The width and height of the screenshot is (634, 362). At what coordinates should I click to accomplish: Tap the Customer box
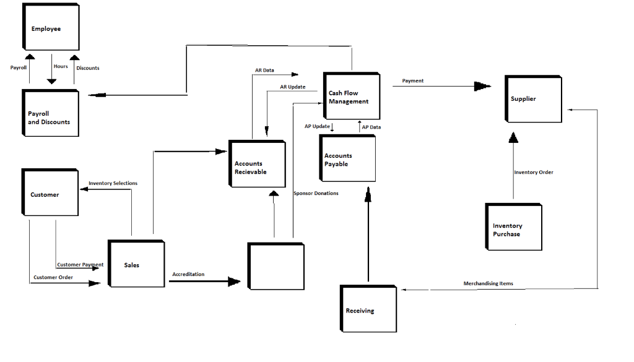click(50, 192)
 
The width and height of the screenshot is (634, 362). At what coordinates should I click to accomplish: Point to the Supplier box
click(532, 98)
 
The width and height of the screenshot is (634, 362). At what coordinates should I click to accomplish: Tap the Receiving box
click(368, 309)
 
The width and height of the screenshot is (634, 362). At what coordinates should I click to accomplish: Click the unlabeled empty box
click(276, 266)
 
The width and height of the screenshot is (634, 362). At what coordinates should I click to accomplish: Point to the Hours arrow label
click(61, 67)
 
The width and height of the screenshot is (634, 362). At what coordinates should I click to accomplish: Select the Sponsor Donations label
click(316, 194)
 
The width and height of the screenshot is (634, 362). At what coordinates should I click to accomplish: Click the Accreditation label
click(188, 274)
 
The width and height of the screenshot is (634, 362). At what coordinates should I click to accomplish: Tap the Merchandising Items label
click(488, 283)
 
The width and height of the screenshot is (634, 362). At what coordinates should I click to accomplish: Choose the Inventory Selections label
click(113, 184)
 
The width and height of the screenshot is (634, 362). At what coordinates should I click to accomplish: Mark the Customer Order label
click(53, 277)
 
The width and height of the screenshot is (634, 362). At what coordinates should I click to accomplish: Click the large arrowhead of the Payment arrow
click(482, 87)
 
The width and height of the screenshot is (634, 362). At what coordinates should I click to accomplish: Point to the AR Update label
click(292, 87)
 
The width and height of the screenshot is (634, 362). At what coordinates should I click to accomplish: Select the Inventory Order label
click(534, 173)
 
